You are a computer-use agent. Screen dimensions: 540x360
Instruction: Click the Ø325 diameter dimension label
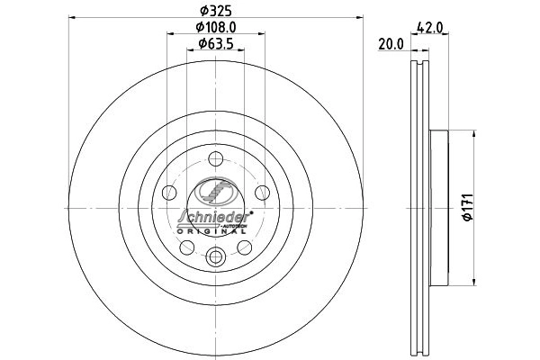[x=216, y=12]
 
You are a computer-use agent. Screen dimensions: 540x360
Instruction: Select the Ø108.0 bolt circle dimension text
[x=216, y=27]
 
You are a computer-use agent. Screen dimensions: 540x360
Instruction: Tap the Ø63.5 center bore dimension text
[x=216, y=44]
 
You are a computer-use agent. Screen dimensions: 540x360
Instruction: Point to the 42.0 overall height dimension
[x=429, y=27]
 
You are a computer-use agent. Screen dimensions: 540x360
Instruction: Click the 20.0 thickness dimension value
[x=391, y=44]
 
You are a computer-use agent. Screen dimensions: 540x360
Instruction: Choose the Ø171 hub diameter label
[x=469, y=207]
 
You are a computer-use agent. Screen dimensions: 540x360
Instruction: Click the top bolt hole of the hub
[x=216, y=158]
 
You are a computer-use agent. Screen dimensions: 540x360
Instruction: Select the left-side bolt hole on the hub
[x=169, y=193]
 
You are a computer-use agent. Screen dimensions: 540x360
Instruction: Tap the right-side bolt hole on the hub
[x=262, y=193]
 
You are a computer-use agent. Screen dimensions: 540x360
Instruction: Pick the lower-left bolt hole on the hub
[x=187, y=247]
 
